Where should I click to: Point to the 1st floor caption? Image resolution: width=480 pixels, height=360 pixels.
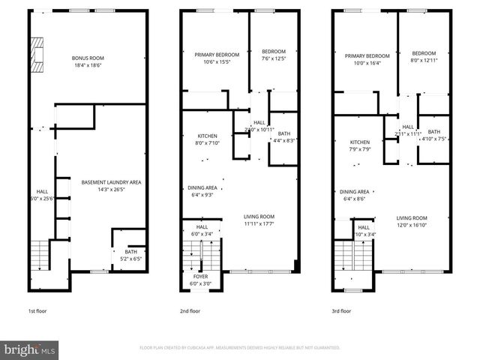tap(37, 310)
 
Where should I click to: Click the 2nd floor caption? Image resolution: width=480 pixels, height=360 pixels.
tap(190, 310)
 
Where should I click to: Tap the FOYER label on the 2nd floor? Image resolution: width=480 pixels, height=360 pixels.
tap(202, 276)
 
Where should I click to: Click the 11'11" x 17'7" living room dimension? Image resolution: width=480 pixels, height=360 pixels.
tap(258, 223)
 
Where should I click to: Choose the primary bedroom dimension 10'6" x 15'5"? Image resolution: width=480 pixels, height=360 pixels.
tap(217, 61)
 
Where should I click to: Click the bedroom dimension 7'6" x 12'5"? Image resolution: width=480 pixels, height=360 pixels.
tap(274, 59)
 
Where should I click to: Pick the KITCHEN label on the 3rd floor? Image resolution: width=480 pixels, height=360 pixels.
tap(360, 142)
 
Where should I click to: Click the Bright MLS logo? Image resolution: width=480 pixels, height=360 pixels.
tap(30, 349)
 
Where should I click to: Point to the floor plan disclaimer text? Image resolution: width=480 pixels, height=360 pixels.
tap(240, 347)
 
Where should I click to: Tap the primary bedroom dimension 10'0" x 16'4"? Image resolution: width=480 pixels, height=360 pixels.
tap(367, 63)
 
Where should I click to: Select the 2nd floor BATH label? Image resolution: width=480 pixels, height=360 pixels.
tap(283, 133)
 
